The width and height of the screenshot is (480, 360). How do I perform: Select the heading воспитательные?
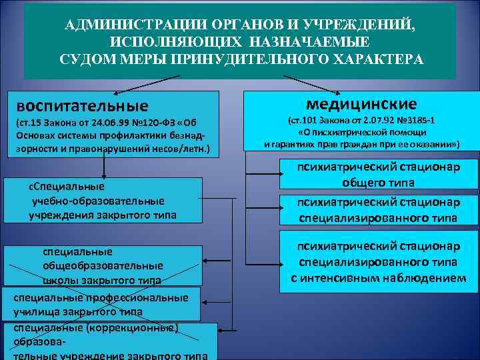coord(83,106)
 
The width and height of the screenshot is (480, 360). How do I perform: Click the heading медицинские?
coord(361,104)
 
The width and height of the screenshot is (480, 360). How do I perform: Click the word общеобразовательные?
coord(103,265)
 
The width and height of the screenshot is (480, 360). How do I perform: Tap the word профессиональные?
coord(143,297)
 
